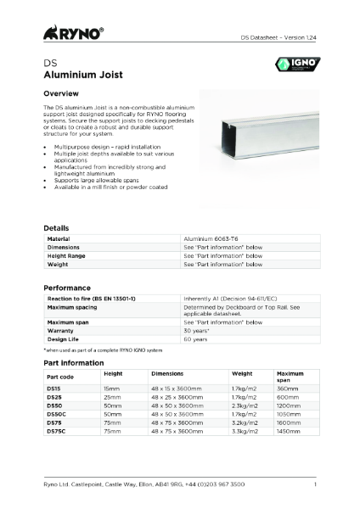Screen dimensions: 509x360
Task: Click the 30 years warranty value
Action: [x=198, y=331]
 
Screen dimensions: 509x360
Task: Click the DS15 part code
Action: [x=54, y=388]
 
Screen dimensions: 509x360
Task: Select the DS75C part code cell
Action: [x=57, y=432]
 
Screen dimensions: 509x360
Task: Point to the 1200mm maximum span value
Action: [x=290, y=406]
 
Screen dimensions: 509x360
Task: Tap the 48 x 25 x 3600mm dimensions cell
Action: [x=177, y=397]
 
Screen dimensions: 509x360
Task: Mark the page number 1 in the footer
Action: [x=314, y=484]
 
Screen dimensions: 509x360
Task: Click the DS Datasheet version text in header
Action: [x=278, y=38]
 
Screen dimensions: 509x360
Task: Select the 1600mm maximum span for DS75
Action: [x=290, y=423]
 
